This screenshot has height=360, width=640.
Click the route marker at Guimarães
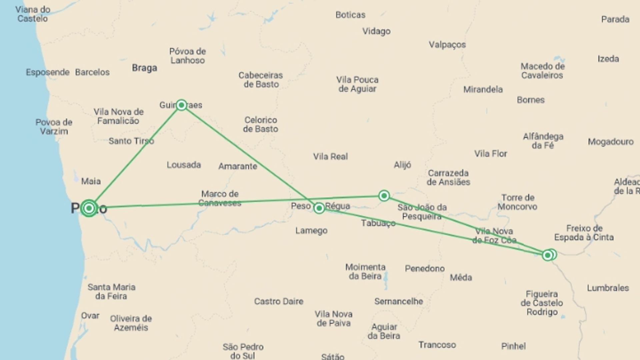(x=181, y=105)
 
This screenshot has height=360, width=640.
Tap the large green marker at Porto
(x=89, y=208)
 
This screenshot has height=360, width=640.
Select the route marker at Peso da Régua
(x=319, y=208)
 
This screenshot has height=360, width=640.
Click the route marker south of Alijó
(x=384, y=196)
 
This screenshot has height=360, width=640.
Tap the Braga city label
(x=144, y=68)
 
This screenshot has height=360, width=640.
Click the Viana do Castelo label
(x=33, y=14)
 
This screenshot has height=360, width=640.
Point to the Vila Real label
(x=330, y=156)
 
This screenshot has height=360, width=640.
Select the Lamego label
(x=311, y=231)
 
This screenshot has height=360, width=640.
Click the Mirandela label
(x=483, y=89)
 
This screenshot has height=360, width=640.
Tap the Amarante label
(x=238, y=166)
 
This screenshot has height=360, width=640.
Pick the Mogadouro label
(x=611, y=142)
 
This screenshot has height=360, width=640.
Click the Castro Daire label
(x=279, y=301)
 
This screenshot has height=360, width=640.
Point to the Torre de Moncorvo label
(x=518, y=202)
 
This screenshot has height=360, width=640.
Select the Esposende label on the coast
(x=48, y=72)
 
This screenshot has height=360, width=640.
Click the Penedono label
(x=425, y=268)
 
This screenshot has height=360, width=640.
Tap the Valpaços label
(x=447, y=45)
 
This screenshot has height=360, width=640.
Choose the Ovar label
(x=90, y=315)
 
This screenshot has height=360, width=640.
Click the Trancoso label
(x=437, y=345)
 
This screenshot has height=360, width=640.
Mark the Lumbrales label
(x=608, y=288)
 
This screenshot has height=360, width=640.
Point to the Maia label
(x=91, y=181)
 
